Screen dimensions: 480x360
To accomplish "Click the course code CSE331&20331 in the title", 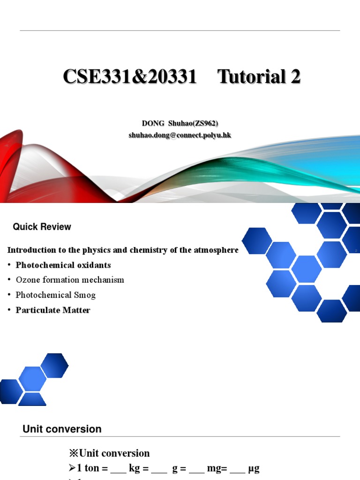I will pos(130,77).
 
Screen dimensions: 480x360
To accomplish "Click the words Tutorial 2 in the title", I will pos(259,77).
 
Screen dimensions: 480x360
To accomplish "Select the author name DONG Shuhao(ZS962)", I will pos(180,123).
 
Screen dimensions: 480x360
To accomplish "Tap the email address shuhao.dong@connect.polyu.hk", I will pos(180,135).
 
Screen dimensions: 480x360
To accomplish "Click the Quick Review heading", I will pos(42,227).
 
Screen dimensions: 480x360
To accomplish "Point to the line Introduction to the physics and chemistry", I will pos(123,250).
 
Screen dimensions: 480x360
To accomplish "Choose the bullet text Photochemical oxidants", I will pos(63,265).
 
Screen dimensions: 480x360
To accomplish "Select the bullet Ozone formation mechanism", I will pos(70,280).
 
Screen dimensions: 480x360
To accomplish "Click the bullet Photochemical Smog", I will pos(55,295).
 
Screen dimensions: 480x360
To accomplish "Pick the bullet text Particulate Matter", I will pos(53,310).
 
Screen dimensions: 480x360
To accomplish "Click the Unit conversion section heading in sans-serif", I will pos(62,429).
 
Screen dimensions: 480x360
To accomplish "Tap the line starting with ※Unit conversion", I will pos(109,453).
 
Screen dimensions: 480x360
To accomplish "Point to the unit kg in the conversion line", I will pos(135,468).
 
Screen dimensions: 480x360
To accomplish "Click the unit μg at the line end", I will pos(253,468).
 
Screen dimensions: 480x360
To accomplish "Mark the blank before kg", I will pos(118,470).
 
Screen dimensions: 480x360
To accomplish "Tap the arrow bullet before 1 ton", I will pos(72,468).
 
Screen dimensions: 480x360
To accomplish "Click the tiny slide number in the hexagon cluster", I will pos(356,251).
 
